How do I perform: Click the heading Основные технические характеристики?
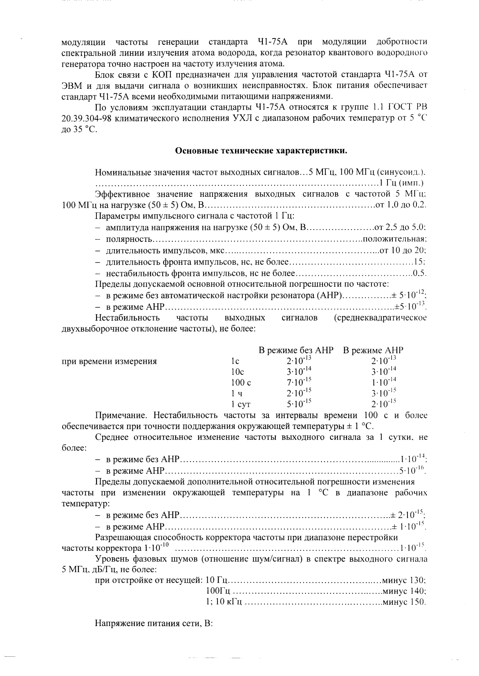pos(261,151)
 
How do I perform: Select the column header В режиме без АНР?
pos(296,350)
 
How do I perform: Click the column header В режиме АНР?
pos(373,350)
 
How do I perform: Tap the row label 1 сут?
pos(241,405)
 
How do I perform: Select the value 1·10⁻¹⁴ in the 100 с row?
pos(384,382)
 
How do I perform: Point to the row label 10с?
pos(237,372)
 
